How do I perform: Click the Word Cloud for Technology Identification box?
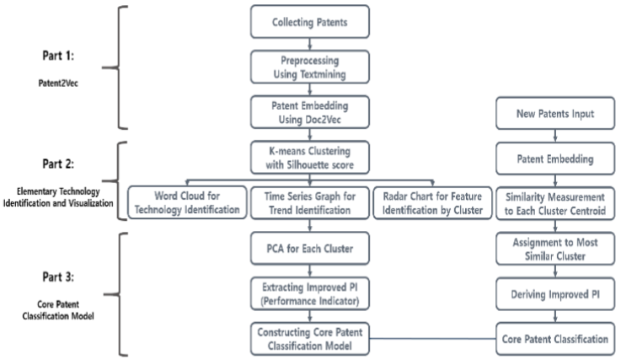(x=185, y=202)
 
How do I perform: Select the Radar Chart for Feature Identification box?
(x=431, y=202)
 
